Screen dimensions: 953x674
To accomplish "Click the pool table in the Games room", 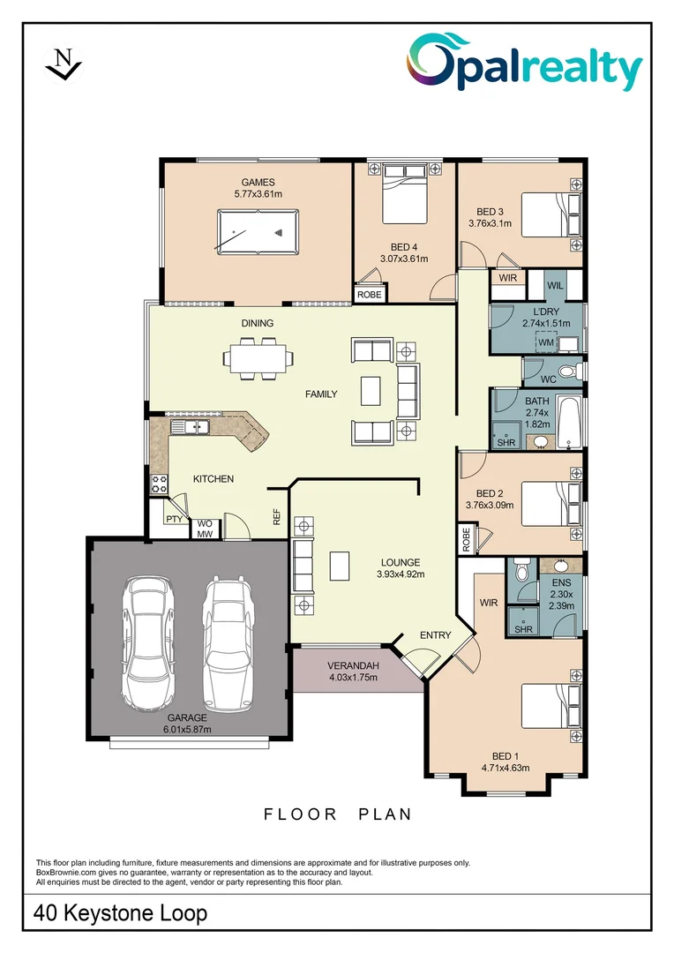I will pos(258,233).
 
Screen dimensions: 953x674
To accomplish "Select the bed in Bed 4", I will pos(405,199).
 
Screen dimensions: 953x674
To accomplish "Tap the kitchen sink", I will pos(190,428).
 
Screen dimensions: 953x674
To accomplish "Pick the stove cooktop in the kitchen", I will pos(160,483).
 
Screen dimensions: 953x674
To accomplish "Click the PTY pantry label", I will pos(174,520).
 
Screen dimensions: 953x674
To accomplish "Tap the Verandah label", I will pos(353,665).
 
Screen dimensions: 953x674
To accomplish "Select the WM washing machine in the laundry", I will pos(547,342).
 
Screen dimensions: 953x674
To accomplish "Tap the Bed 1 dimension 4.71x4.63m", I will pos(505,768).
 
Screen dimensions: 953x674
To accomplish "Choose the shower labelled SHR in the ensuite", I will pos(523,629).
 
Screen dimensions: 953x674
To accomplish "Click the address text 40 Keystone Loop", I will pos(121,913).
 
